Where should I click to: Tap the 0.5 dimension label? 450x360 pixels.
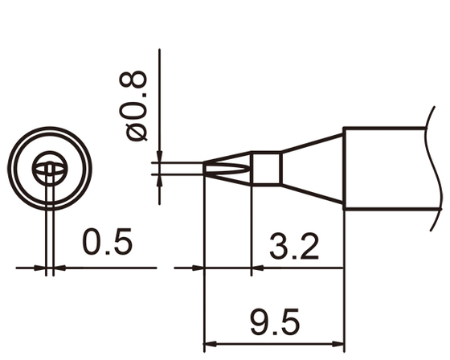(x=106, y=243)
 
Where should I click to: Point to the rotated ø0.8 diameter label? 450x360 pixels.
(x=137, y=105)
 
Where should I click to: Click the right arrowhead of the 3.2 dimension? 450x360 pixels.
(x=338, y=268)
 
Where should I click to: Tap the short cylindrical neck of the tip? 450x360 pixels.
(x=264, y=168)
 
